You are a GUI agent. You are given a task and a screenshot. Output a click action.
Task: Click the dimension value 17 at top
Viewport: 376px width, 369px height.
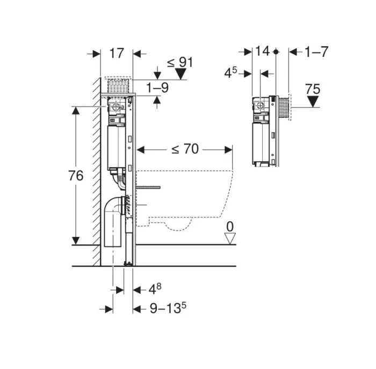[117, 53]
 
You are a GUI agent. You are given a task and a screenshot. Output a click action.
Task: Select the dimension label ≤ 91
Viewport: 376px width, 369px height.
[179, 62]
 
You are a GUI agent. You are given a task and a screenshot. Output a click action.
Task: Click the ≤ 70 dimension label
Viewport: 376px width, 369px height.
[185, 149]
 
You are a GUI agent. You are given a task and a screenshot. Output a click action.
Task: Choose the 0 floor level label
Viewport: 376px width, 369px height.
[230, 227]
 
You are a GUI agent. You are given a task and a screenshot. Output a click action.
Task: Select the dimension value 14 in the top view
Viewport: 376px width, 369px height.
[262, 52]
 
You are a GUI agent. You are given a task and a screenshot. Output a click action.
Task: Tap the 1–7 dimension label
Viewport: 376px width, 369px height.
[316, 52]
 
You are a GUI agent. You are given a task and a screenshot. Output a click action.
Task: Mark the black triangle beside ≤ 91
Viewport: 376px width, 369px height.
[184, 74]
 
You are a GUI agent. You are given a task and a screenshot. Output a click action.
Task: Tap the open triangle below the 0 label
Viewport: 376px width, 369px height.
[230, 238]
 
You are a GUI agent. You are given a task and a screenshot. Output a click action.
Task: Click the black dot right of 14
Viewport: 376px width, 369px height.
[276, 52]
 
